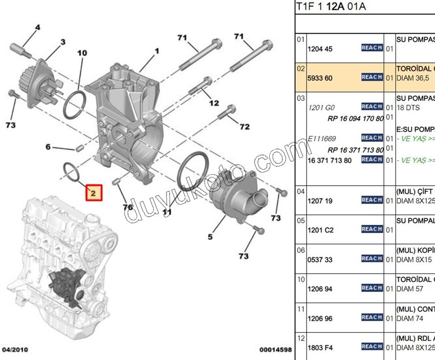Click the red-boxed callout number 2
[94, 192]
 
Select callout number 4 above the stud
[37, 28]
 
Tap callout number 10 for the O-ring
[82, 53]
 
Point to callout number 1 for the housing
[157, 51]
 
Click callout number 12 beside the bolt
[214, 103]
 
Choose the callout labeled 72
[245, 126]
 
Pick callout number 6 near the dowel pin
[48, 147]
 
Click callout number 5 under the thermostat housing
[210, 237]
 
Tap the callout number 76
[127, 207]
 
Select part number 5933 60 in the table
[320, 78]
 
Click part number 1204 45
[320, 49]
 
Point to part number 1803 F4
[320, 348]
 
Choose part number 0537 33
[320, 260]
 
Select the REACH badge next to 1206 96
[372, 318]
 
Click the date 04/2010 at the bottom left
[15, 350]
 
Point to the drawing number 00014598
[275, 350]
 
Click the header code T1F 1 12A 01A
[331, 7]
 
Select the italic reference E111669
[322, 138]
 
